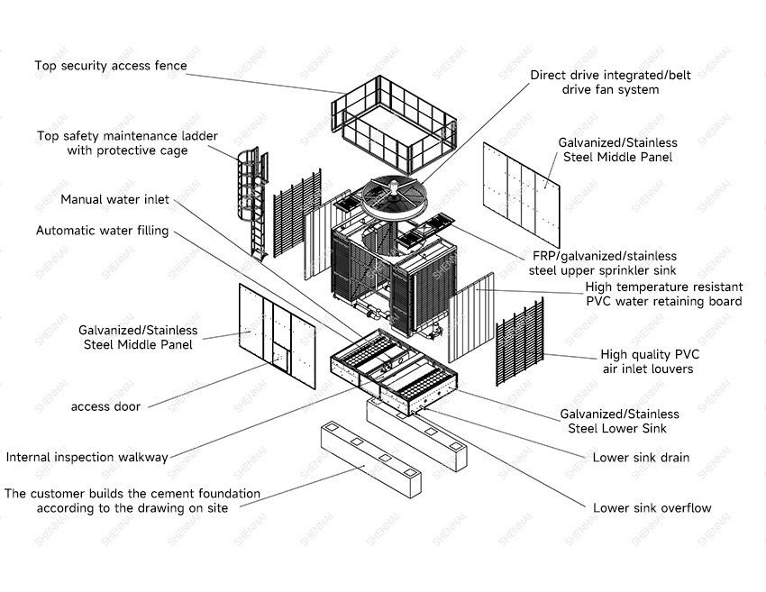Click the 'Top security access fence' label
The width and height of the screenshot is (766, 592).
click(x=111, y=66)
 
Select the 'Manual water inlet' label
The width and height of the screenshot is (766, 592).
click(x=114, y=199)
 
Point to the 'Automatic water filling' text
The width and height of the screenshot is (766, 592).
click(x=103, y=231)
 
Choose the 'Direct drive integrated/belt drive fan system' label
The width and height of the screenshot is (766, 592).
click(x=611, y=82)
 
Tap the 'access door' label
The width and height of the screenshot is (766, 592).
click(x=105, y=406)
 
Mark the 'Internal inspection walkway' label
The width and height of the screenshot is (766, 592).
click(x=87, y=457)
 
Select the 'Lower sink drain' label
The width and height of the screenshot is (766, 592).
click(x=641, y=458)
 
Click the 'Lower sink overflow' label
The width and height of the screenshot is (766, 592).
click(x=652, y=508)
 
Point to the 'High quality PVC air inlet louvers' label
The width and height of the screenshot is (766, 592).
click(x=649, y=361)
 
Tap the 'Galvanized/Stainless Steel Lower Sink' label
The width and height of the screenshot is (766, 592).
click(x=619, y=421)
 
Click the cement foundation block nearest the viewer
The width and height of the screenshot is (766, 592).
click(x=371, y=460)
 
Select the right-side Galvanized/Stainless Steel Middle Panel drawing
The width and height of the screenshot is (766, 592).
click(x=522, y=195)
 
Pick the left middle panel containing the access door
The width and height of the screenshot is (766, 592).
click(x=278, y=336)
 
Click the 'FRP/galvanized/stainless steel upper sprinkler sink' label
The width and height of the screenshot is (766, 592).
click(x=603, y=263)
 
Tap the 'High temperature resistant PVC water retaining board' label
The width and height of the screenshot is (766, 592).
click(x=664, y=294)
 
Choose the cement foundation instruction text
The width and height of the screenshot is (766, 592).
click(x=132, y=501)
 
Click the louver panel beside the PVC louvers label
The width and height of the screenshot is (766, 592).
click(x=520, y=342)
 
